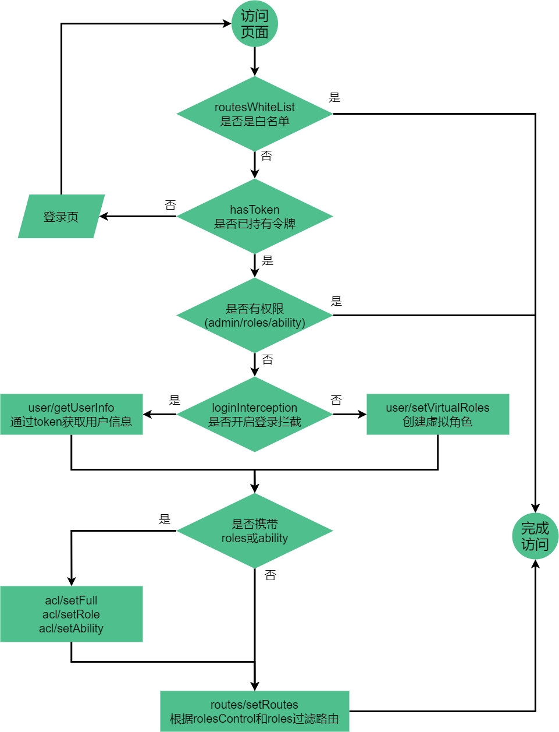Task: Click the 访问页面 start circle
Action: pyautogui.click(x=255, y=24)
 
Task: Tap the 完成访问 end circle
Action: pyautogui.click(x=535, y=536)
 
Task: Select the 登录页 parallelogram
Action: pyautogui.click(x=61, y=217)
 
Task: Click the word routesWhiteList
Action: pyautogui.click(x=255, y=107)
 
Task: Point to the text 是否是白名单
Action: pyautogui.click(x=255, y=121)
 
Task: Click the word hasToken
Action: pyautogui.click(x=255, y=210)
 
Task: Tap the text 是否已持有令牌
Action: pyautogui.click(x=255, y=224)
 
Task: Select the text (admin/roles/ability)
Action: pyautogui.click(x=255, y=323)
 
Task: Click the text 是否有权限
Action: pyautogui.click(x=255, y=309)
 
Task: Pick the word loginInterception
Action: pyautogui.click(x=255, y=408)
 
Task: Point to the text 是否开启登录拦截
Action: pyautogui.click(x=255, y=422)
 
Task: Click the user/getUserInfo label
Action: pyautogui.click(x=71, y=408)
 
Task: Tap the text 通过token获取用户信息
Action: pyautogui.click(x=71, y=422)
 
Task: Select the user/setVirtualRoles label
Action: pyautogui.click(x=437, y=408)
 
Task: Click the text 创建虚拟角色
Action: pyautogui.click(x=437, y=422)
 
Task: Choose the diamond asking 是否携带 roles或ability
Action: pyautogui.click(x=255, y=531)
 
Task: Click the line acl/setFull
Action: pyautogui.click(x=71, y=600)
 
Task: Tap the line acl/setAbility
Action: pyautogui.click(x=71, y=628)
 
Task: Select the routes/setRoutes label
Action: pyautogui.click(x=254, y=705)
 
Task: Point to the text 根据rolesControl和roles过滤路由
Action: pyautogui.click(x=254, y=719)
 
